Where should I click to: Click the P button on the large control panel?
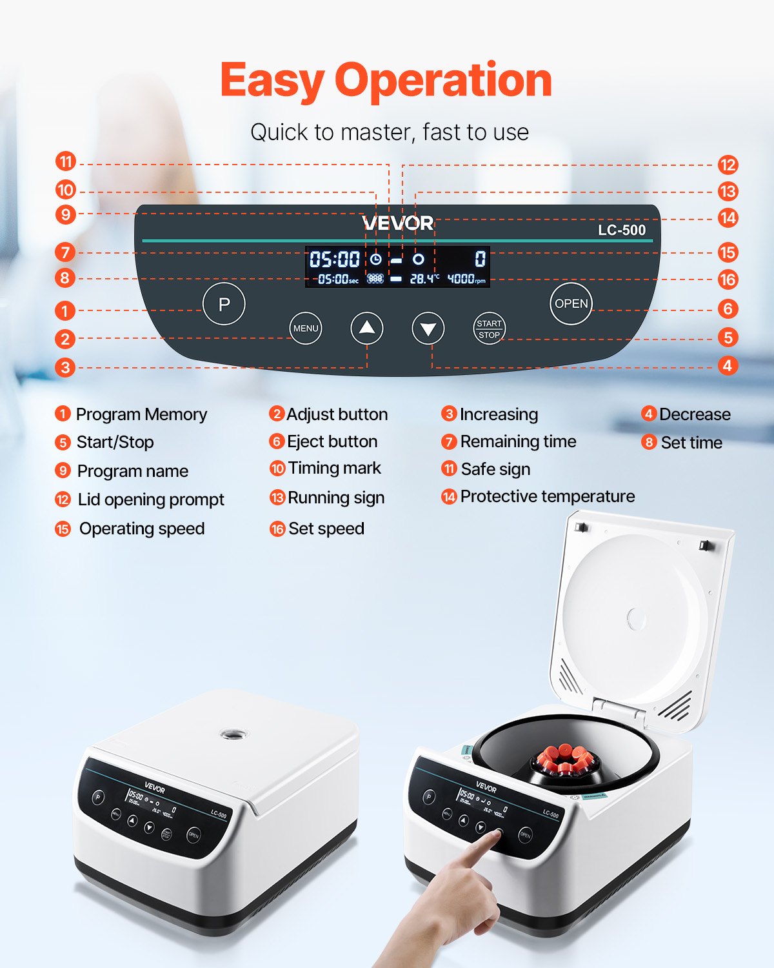coord(224,304)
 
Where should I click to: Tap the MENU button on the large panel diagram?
coord(306,328)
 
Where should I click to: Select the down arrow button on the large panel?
coord(428,328)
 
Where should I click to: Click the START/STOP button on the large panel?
coord(489,329)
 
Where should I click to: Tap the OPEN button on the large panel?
coord(571,303)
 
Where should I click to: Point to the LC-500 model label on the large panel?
coord(621,230)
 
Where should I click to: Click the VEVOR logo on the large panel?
coord(398,223)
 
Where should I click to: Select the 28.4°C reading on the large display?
coord(424,279)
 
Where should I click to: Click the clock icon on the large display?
coord(375,259)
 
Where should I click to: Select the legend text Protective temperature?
coord(547,496)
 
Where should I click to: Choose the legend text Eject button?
coord(332,441)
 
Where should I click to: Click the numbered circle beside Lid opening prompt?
coord(63,499)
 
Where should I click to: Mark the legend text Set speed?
coord(326,529)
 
